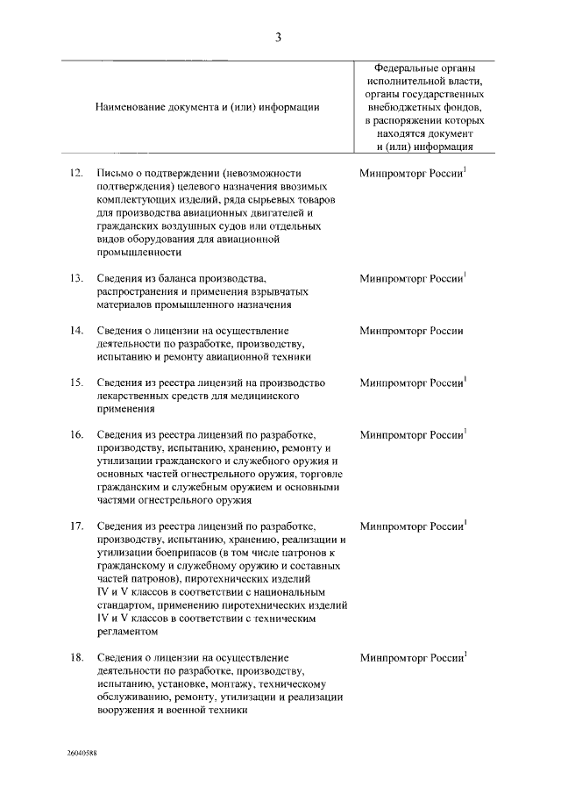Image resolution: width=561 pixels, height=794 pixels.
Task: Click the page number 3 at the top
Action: pos(278,37)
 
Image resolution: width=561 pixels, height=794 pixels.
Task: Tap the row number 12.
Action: pos(76,174)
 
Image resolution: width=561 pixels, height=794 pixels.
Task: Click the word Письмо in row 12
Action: pos(114,174)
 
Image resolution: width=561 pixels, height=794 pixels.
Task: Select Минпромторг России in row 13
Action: pos(410,278)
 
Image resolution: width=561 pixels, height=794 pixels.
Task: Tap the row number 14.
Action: pos(76,330)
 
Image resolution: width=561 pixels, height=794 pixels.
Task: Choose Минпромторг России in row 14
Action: pos(410,331)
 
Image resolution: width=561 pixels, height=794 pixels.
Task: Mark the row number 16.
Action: pos(76,434)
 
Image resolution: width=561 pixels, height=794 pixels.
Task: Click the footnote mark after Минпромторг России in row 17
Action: pos(465,521)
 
